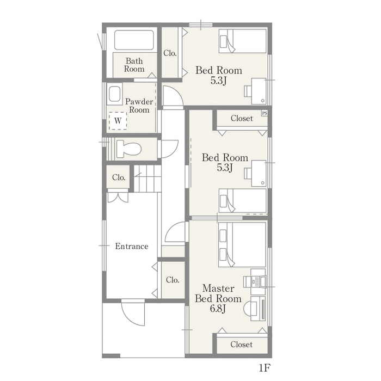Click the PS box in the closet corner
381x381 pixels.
[x=265, y=113]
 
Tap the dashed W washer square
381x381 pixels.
[x=118, y=121]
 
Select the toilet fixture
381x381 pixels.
[x=129, y=149]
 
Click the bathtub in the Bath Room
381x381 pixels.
[x=134, y=40]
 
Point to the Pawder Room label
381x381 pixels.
[x=139, y=106]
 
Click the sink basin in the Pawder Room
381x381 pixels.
[x=115, y=94]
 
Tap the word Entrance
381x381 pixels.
[x=132, y=246]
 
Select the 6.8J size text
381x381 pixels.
[x=218, y=309]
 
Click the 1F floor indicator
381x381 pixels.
[x=265, y=368]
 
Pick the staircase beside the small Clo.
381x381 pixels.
[x=148, y=179]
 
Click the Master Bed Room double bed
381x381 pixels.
[x=242, y=244]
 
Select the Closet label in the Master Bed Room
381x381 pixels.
[x=242, y=345]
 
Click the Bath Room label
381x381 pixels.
[x=134, y=65]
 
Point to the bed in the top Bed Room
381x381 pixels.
[x=243, y=41]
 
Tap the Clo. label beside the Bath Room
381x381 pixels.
[x=170, y=53]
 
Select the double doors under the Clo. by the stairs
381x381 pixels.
[x=118, y=197]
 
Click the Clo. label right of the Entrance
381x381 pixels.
[x=173, y=280]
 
